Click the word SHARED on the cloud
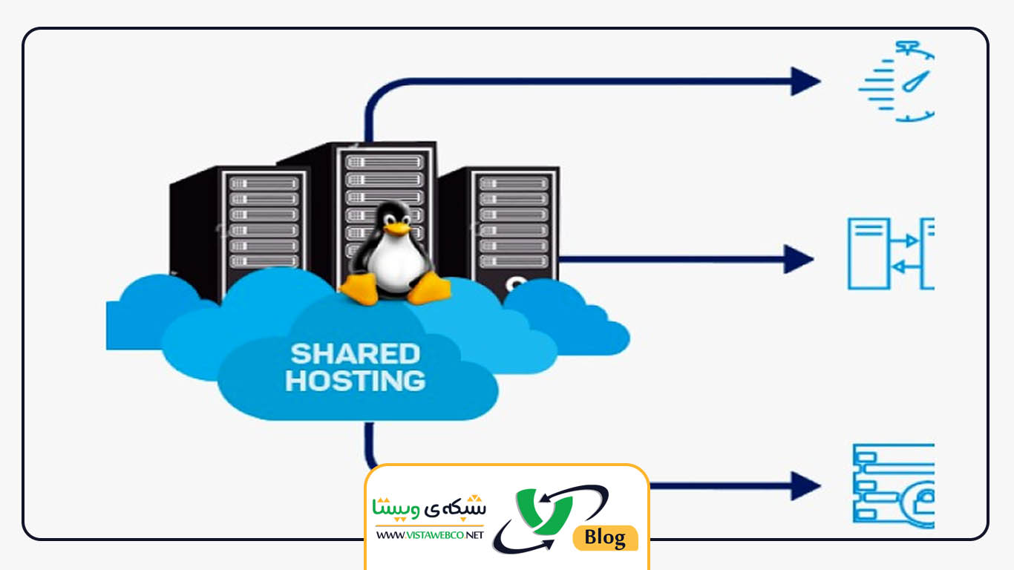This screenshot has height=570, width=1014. tap(355, 353)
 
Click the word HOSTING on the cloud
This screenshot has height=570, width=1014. tap(355, 381)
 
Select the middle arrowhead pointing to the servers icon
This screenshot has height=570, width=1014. tap(799, 259)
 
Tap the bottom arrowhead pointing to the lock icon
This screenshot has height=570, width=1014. tap(805, 485)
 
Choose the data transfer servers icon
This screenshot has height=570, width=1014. tap(891, 253)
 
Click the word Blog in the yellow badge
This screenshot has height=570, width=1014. tap(605, 537)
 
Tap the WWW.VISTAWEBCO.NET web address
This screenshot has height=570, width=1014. tap(429, 534)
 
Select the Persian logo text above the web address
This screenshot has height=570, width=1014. tap(429, 508)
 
